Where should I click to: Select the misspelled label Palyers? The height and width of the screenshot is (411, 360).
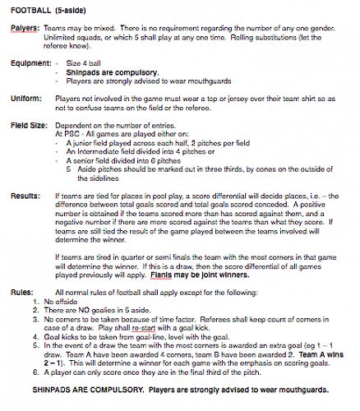tap(25, 29)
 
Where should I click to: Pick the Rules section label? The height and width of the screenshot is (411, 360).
tap(22, 292)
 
